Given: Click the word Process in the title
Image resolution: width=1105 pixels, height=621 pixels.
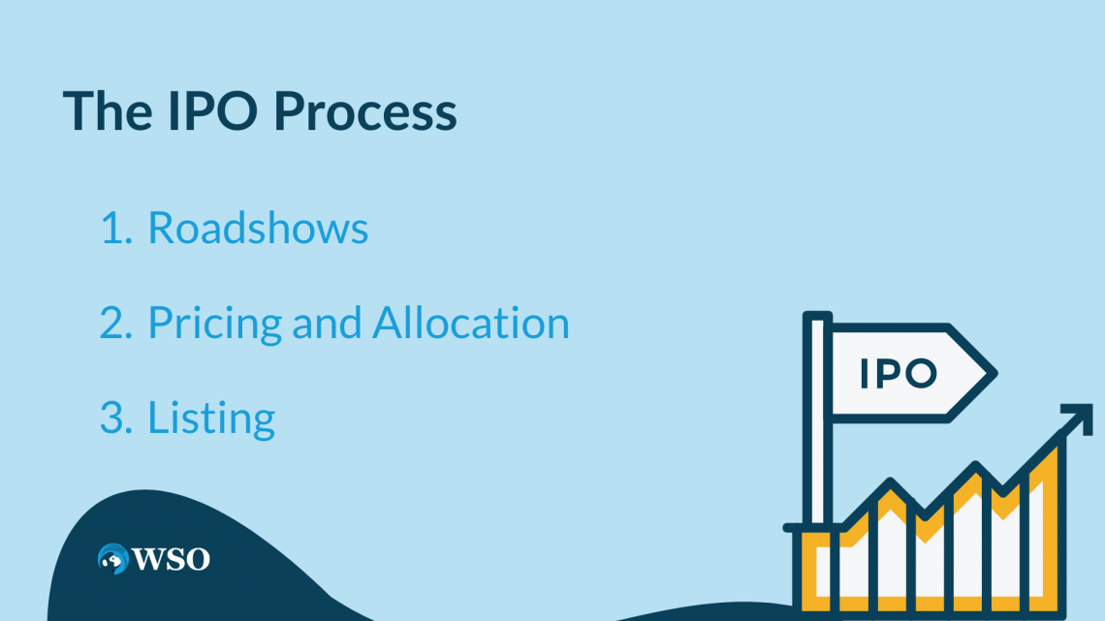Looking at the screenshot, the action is click(x=365, y=111).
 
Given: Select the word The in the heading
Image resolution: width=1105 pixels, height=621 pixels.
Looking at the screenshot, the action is click(x=108, y=109).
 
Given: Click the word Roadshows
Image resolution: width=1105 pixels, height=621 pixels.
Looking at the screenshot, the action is click(x=258, y=228).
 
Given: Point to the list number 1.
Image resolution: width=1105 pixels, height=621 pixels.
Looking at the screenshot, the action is click(x=115, y=228).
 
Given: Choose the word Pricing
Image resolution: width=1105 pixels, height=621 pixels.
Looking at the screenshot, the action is click(x=215, y=324).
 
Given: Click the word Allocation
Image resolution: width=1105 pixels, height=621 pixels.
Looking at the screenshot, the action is click(x=471, y=322).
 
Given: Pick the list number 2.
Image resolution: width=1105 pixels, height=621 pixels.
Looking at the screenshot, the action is click(x=116, y=323).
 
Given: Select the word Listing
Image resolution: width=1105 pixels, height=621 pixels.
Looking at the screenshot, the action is click(x=210, y=419).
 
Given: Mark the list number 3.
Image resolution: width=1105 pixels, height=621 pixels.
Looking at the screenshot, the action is click(x=116, y=418).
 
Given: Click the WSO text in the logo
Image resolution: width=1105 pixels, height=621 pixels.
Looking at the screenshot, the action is click(x=172, y=559).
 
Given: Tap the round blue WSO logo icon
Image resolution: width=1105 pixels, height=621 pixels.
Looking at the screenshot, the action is click(x=112, y=558).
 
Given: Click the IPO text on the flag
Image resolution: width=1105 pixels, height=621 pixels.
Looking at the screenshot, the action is click(x=899, y=373).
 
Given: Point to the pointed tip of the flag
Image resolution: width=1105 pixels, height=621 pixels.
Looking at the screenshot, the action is click(x=996, y=373).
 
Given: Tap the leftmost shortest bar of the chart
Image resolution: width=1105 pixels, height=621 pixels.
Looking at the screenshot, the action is click(x=817, y=570).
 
